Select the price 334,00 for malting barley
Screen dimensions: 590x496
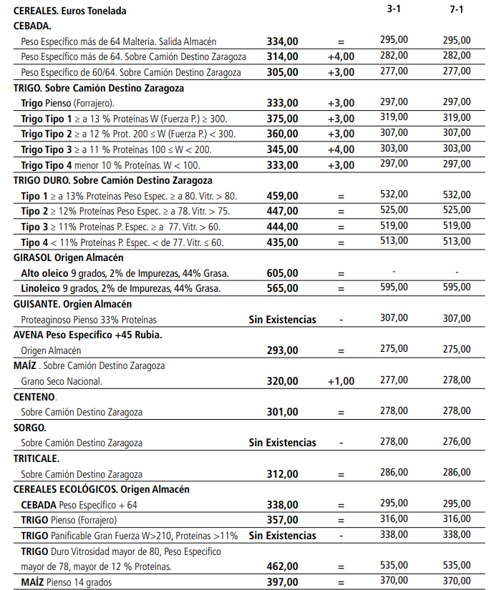pos(282,41)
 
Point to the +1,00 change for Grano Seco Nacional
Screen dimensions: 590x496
pos(341,381)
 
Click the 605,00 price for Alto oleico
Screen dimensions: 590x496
pos(282,273)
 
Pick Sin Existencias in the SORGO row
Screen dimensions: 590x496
pos(282,443)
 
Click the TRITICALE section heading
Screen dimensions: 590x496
pos(37,458)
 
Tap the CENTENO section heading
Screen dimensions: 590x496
pos(35,396)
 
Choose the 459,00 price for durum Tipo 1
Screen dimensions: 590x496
pos(282,196)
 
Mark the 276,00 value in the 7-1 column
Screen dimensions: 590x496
pos(457,442)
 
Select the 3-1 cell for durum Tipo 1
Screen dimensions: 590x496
pos(394,195)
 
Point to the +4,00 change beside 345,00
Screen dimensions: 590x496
pos(341,149)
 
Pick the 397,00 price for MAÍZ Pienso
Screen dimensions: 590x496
pos(282,582)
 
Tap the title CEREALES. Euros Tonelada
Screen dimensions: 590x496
pos(70,11)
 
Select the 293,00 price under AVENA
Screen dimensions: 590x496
pos(282,350)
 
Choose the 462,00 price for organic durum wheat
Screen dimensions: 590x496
pos(282,566)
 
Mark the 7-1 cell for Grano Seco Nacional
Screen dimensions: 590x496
pos(457,380)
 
